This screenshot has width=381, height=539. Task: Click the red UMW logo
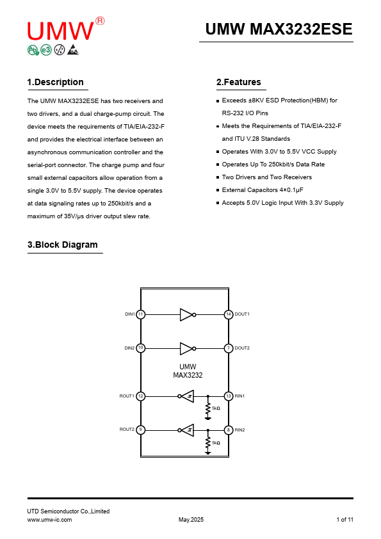click(x=61, y=31)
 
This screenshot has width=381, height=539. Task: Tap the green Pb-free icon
click(x=33, y=50)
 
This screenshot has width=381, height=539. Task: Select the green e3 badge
click(x=46, y=50)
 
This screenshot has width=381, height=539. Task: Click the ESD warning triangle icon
click(x=73, y=50)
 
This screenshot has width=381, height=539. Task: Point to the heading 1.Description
click(x=55, y=82)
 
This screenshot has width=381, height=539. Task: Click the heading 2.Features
click(x=239, y=82)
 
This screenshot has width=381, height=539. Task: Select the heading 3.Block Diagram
click(x=63, y=245)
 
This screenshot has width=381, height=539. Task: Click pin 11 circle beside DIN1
click(x=141, y=314)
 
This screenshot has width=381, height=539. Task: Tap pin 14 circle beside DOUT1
click(x=229, y=314)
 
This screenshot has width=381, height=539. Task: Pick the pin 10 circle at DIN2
click(x=141, y=348)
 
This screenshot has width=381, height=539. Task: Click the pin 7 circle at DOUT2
click(x=229, y=348)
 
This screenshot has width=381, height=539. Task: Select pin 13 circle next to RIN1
click(x=229, y=396)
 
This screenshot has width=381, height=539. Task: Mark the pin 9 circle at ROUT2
click(x=141, y=430)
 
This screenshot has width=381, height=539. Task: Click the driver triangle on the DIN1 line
click(x=186, y=314)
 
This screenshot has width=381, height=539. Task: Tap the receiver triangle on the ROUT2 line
click(x=188, y=430)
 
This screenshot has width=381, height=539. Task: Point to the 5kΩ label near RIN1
click(x=216, y=408)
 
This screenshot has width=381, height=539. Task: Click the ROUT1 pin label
click(x=127, y=396)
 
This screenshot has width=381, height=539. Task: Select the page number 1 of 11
click(x=345, y=519)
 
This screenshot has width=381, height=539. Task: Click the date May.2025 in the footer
click(x=191, y=519)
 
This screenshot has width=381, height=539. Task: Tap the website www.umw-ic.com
click(x=49, y=519)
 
